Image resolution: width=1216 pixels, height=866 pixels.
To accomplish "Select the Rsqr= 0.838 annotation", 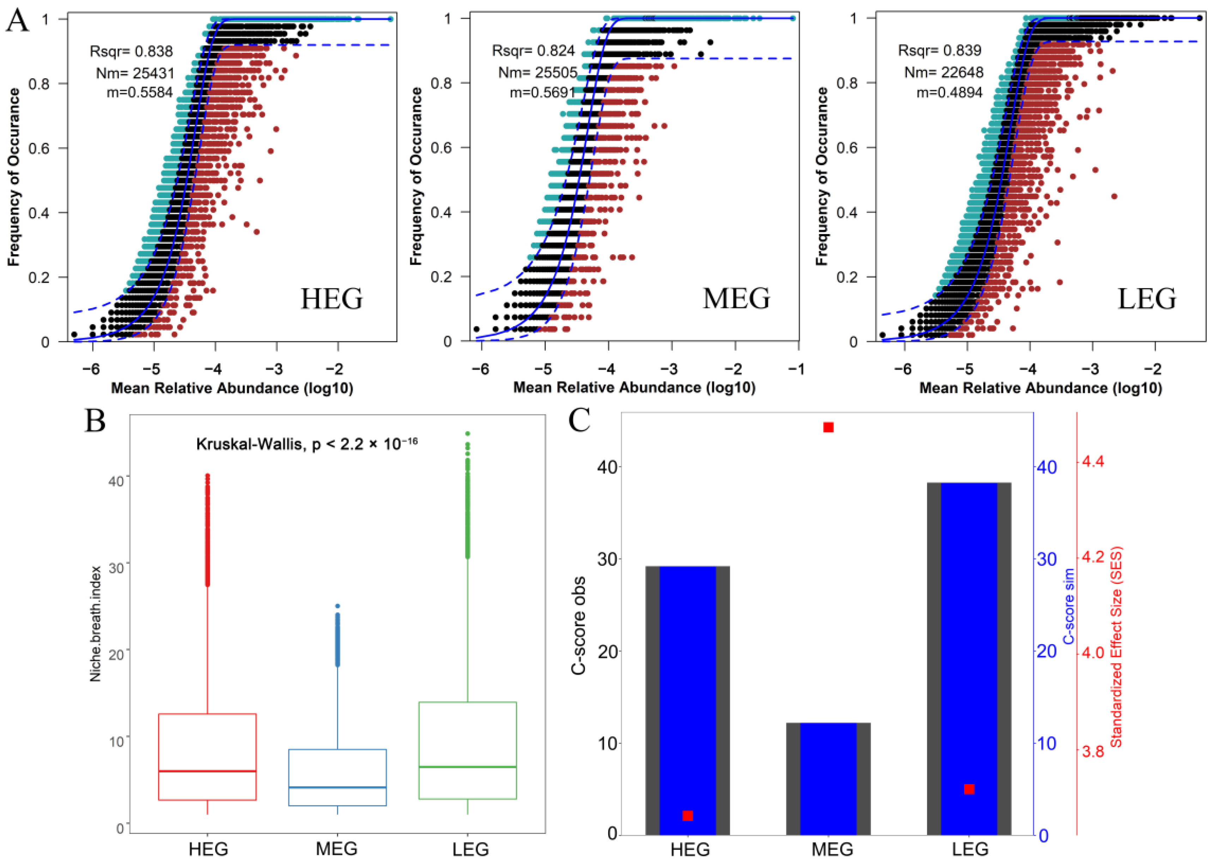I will [131, 52].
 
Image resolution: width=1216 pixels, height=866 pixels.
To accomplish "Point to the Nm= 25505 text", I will [538, 72].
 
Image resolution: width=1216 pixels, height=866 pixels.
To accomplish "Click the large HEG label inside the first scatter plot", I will [332, 299].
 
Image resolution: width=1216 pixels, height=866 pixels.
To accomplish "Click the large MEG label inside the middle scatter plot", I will [736, 299].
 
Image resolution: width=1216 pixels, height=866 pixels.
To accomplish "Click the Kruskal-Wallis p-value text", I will [307, 444].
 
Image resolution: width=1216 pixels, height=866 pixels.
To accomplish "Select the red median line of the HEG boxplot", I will [207, 771].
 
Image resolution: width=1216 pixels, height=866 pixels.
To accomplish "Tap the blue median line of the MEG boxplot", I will [337, 787].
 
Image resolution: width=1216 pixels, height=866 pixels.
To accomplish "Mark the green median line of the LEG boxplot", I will [467, 767].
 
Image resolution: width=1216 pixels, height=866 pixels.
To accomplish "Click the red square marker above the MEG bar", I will [828, 428].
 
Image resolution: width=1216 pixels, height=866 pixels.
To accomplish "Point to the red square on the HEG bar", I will [688, 816].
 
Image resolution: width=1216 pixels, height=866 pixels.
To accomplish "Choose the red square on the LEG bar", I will [969, 789].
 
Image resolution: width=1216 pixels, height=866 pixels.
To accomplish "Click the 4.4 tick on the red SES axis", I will [1093, 462].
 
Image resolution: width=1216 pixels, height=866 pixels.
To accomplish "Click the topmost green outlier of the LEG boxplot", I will [467, 434].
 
